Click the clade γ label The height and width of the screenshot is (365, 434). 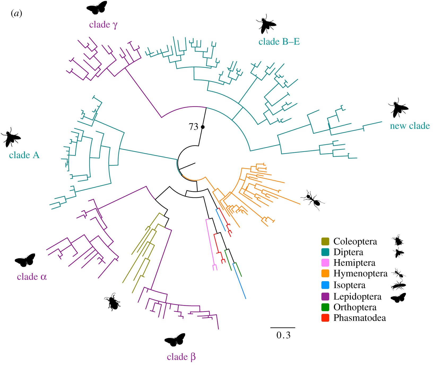tap(103, 25)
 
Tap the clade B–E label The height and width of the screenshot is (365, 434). tap(279, 42)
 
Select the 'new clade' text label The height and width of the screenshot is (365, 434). tap(410, 126)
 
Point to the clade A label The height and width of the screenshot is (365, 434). tap(24, 155)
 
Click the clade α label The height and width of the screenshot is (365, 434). tap(32, 277)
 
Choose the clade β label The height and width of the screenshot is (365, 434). tap(181, 357)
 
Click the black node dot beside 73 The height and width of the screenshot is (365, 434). tap(203, 127)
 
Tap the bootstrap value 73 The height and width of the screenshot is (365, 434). tap(193, 127)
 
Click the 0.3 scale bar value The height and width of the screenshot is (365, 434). tap(283, 335)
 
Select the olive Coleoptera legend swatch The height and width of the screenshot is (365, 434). tap(325, 241)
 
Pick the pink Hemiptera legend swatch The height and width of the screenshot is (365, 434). tap(325, 263)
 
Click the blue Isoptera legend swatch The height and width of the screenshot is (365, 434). tap(325, 285)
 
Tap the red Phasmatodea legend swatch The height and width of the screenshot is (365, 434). tap(325, 318)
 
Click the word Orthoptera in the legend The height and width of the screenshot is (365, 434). tap(355, 307)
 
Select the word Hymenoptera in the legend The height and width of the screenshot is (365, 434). tap(360, 273)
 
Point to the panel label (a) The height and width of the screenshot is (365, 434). tap(16, 13)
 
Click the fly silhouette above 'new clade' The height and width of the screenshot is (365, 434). tap(398, 107)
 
